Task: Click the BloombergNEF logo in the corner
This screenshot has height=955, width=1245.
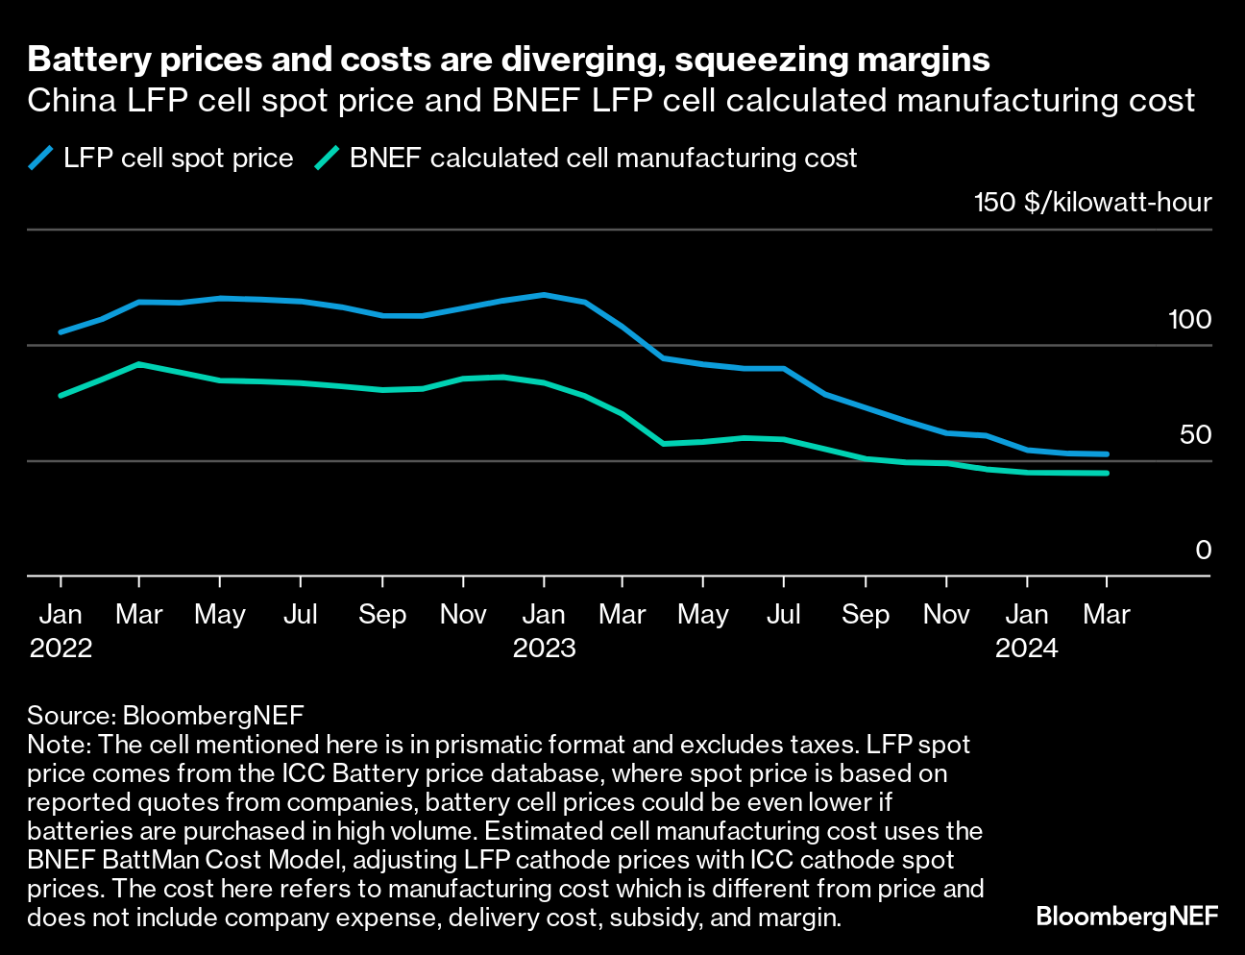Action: [x=1127, y=917]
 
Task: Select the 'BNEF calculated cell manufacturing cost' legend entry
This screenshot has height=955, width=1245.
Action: [x=587, y=159]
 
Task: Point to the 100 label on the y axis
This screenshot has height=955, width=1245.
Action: [x=1189, y=320]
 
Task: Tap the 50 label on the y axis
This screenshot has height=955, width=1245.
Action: [x=1195, y=435]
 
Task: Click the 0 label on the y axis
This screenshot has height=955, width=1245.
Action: [x=1203, y=551]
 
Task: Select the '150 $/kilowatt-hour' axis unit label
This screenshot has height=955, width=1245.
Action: [x=1092, y=203]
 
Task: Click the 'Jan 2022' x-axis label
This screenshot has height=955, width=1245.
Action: [x=61, y=630]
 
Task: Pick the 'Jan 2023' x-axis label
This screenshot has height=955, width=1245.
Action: [x=544, y=630]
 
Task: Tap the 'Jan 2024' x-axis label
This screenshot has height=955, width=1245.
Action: [x=1026, y=630]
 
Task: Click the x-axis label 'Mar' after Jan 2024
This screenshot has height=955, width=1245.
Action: [x=1107, y=614]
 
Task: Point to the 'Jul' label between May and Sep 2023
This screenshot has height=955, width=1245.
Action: [x=784, y=614]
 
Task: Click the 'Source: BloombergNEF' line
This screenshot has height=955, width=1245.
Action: [x=165, y=715]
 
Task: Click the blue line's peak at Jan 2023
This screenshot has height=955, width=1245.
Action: [x=545, y=294]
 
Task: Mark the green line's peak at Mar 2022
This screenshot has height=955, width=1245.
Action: [x=140, y=364]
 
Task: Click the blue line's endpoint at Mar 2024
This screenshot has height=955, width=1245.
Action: [x=1107, y=454]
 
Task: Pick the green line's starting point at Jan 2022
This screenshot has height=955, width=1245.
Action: [x=61, y=396]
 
